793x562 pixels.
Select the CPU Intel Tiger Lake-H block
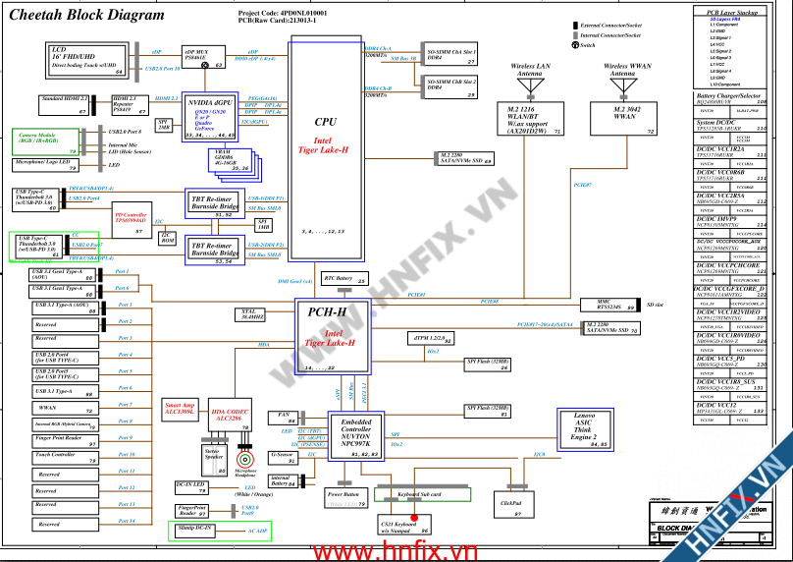[325, 138]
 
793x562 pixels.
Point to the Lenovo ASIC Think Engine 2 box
[584, 430]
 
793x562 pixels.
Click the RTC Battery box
[344, 280]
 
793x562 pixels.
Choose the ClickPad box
[510, 503]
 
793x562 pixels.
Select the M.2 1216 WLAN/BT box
[530, 117]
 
